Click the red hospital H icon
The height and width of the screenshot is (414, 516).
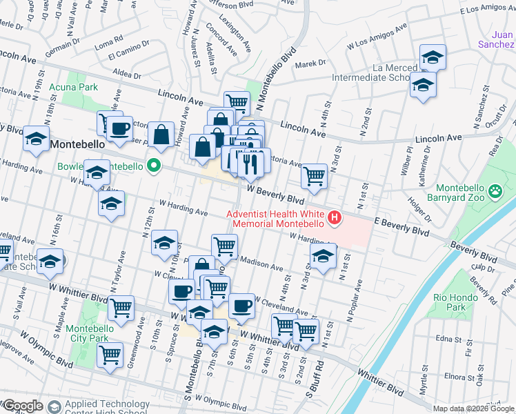(335, 219)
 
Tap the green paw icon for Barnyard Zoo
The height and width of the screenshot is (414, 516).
(495, 190)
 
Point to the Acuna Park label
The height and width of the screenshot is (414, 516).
(73, 88)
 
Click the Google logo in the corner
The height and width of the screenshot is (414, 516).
(22, 406)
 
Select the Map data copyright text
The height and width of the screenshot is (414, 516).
(473, 408)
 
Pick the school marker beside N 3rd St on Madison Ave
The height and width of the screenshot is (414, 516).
(322, 257)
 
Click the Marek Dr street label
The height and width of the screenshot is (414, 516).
(310, 63)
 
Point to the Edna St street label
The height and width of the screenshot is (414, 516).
(448, 339)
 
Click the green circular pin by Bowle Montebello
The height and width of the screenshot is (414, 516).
(154, 166)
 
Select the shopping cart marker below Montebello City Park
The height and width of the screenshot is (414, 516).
(110, 355)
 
